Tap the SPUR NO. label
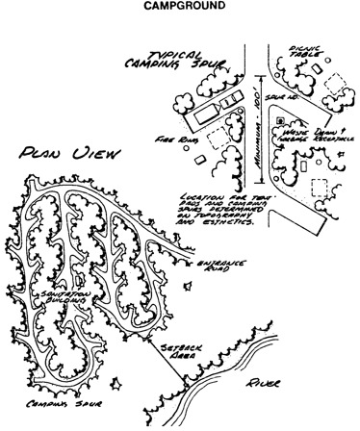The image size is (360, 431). point(283,98)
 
